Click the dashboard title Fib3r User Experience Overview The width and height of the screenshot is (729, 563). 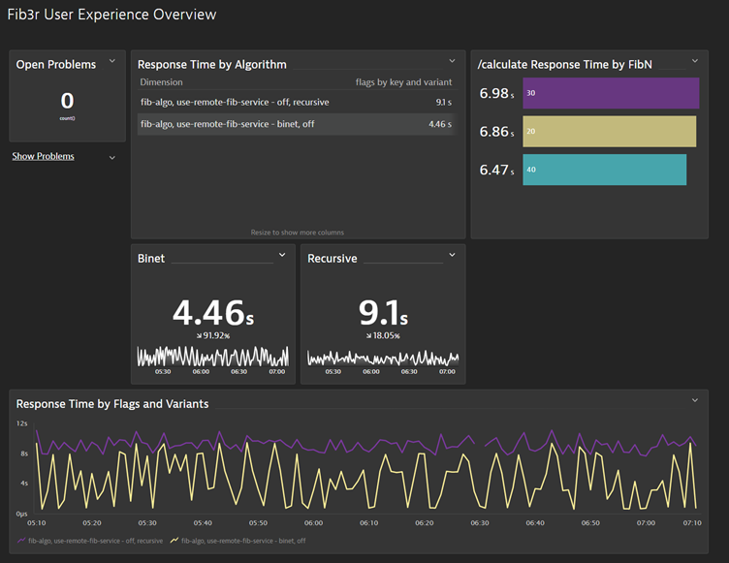pyautogui.click(x=111, y=15)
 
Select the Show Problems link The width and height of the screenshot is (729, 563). pyautogui.click(x=43, y=156)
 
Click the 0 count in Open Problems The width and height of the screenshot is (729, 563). pyautogui.click(x=67, y=101)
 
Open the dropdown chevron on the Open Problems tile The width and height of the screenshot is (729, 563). pyautogui.click(x=112, y=62)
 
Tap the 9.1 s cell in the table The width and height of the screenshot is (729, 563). pyautogui.click(x=442, y=101)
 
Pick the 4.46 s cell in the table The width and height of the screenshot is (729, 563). pyautogui.click(x=439, y=124)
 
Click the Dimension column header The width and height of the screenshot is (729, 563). pyautogui.click(x=161, y=83)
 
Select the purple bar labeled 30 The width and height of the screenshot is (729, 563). pyautogui.click(x=610, y=93)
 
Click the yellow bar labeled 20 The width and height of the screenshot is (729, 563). pyautogui.click(x=609, y=132)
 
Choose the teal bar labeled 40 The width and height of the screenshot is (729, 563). pyautogui.click(x=604, y=170)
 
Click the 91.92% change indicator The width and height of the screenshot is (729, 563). pyautogui.click(x=213, y=336)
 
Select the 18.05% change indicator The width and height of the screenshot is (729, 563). pyautogui.click(x=383, y=336)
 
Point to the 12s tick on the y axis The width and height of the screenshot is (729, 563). pyautogui.click(x=21, y=423)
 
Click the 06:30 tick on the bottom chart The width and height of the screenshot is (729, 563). pyautogui.click(x=480, y=522)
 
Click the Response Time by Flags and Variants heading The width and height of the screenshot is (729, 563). pyautogui.click(x=112, y=403)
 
